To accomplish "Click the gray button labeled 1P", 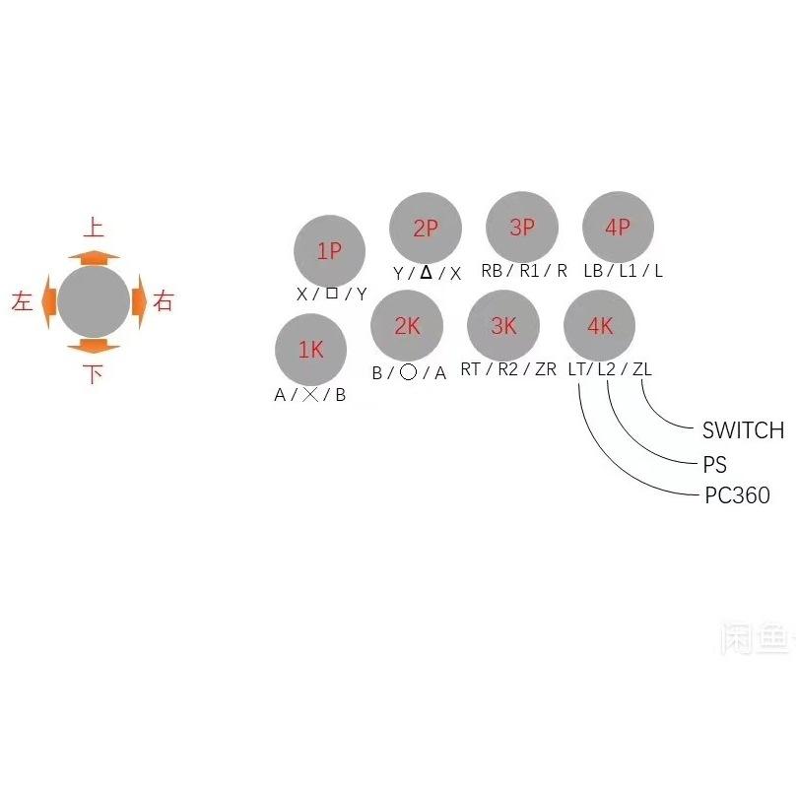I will pos(330,251).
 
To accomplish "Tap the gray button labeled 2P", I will pos(426,229).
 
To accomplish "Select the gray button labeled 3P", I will pos(522,228).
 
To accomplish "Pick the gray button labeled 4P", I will pos(618,228).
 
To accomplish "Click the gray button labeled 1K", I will pos(310,350).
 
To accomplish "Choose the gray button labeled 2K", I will pos(407,326).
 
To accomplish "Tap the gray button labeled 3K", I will pos(503,326).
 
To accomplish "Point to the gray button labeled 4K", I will pos(599,326).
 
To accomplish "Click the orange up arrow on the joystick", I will pos(94,257).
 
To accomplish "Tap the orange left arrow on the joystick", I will pos(50,302).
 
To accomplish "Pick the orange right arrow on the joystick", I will pos(138,301).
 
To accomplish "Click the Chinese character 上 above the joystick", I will pos(94,229).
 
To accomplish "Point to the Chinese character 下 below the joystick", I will pos(94,374).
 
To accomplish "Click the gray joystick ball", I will pos(94,301).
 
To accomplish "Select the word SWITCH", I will pos(743,430).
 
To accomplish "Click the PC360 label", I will pos(737,495).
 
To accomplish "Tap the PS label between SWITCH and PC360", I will pos(714,464).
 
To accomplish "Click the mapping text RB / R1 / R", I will pos(524,271).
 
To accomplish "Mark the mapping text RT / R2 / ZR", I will pos(507,369).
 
